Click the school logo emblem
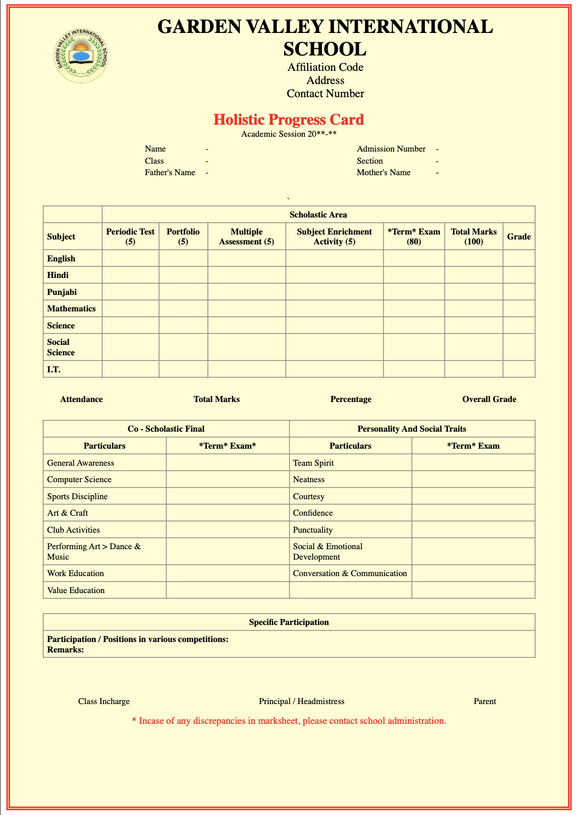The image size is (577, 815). click(82, 55)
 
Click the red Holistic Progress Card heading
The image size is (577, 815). click(288, 120)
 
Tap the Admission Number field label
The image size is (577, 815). click(391, 149)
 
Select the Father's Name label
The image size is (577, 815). click(169, 172)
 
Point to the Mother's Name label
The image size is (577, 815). click(383, 172)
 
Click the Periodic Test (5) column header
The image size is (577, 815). click(131, 236)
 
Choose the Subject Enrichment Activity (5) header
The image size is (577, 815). click(334, 236)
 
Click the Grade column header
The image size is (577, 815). click(518, 236)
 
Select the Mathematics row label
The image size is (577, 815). click(71, 309)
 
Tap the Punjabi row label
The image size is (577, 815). click(62, 292)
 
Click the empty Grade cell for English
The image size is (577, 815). click(518, 258)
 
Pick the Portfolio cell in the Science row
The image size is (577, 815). click(183, 325)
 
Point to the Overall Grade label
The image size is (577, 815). click(489, 399)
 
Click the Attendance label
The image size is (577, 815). click(81, 399)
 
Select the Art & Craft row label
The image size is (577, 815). click(67, 513)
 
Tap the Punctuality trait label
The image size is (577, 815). click(313, 530)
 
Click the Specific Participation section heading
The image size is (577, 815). click(288, 622)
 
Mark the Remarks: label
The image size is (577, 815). click(65, 649)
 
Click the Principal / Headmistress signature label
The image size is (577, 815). click(302, 701)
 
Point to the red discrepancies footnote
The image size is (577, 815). click(289, 721)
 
